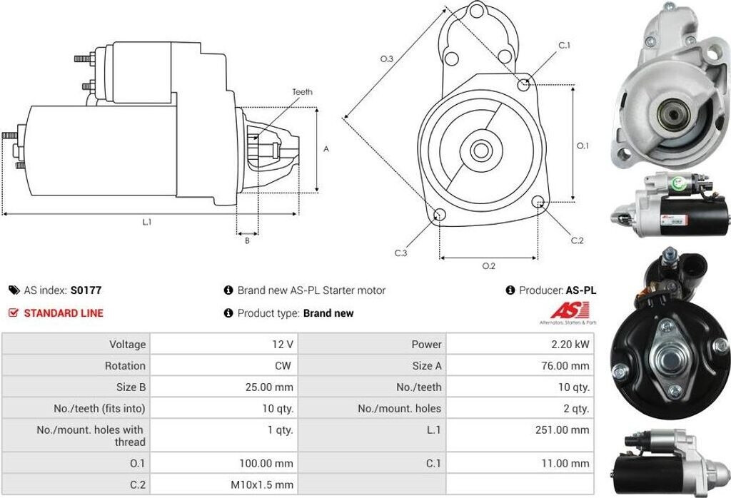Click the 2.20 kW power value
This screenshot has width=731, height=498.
click(x=570, y=344)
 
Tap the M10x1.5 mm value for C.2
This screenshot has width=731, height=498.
click(x=262, y=484)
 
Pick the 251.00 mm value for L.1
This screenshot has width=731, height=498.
click(x=563, y=430)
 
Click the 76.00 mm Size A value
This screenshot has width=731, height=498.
click(x=565, y=365)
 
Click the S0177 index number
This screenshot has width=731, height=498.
click(x=86, y=290)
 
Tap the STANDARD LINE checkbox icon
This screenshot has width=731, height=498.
click(x=13, y=312)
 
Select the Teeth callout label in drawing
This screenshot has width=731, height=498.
click(x=302, y=92)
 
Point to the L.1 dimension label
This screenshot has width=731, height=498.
click(x=146, y=222)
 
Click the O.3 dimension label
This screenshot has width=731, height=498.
click(x=386, y=59)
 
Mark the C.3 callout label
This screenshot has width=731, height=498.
click(x=400, y=253)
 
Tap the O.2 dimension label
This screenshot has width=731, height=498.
click(x=488, y=266)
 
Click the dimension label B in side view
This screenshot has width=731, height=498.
click(x=247, y=240)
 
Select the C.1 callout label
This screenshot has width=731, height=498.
click(x=564, y=46)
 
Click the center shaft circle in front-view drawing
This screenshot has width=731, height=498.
click(x=480, y=151)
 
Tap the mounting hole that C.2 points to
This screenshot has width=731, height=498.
click(x=539, y=202)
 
